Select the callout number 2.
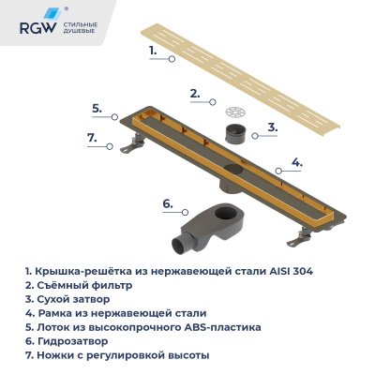point(194,93)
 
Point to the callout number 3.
point(272,127)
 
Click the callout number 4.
point(296,162)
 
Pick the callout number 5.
point(96,108)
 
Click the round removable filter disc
point(235,100)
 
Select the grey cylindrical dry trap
point(236,127)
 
